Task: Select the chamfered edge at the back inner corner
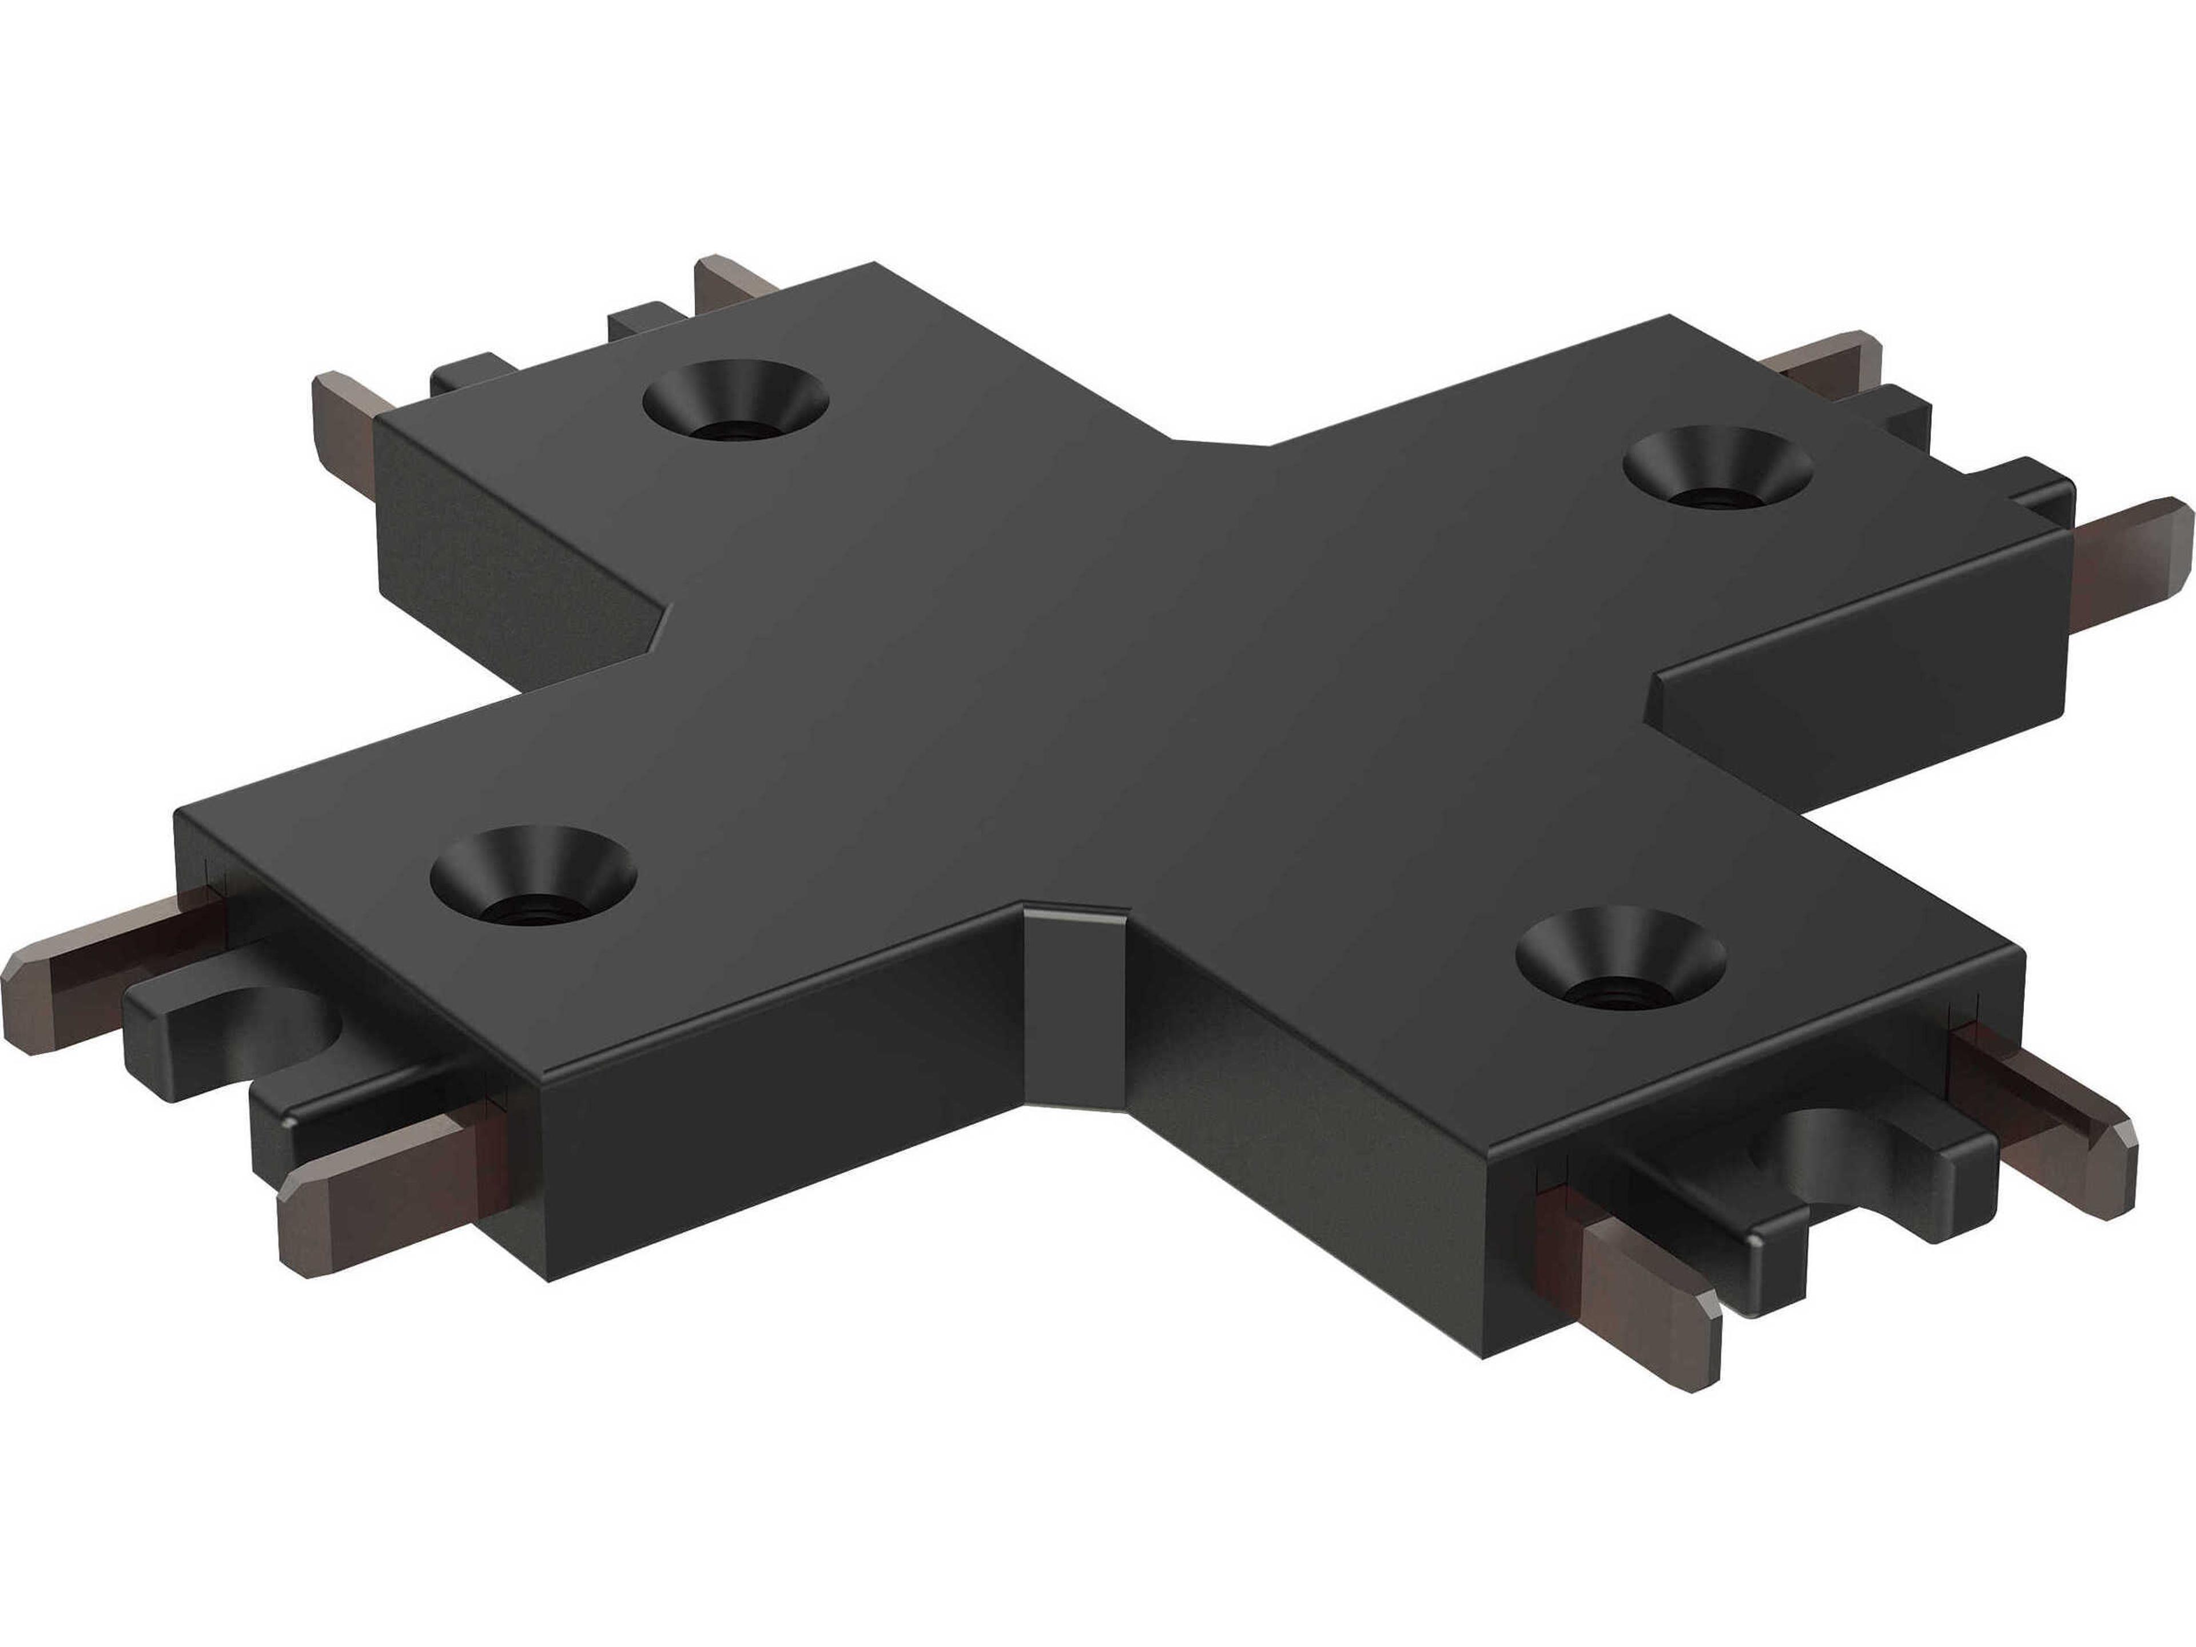click(1221, 443)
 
